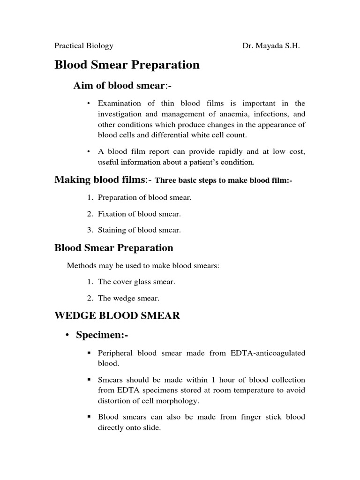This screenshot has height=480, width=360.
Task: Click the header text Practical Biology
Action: coord(84,46)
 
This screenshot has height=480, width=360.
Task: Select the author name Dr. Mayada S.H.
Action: coord(270,46)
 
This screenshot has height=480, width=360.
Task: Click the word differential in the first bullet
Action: coord(154,135)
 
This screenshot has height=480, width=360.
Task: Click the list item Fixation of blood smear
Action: coord(139,214)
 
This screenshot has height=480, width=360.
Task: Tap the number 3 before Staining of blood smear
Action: coord(89,230)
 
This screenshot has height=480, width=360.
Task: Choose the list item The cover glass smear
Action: coord(136,282)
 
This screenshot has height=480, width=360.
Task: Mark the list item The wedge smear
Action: coord(128,298)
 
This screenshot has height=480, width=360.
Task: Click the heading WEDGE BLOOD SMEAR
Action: coord(117,315)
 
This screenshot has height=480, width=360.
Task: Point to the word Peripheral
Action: coord(116,353)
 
